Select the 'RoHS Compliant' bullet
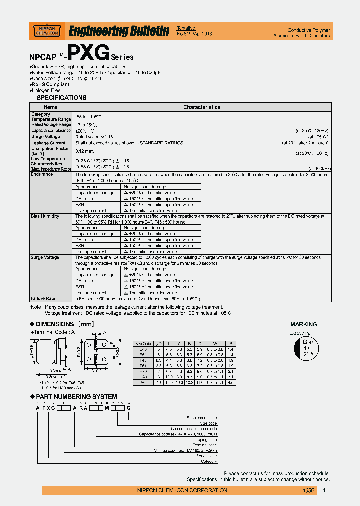tap(51, 85)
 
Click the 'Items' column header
tap(50, 107)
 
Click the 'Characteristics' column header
tap(201, 107)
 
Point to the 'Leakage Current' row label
tap(48, 143)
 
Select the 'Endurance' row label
tap(41, 175)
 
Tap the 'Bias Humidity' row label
tap(45, 216)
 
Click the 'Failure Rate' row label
tap(42, 298)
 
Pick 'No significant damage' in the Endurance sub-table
tap(145, 186)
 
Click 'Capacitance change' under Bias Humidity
tap(95, 234)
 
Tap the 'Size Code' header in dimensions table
tap(143, 344)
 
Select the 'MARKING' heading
tap(304, 324)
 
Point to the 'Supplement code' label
tap(202, 417)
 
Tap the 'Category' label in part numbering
tap(208, 462)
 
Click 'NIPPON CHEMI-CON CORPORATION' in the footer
tap(182, 491)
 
